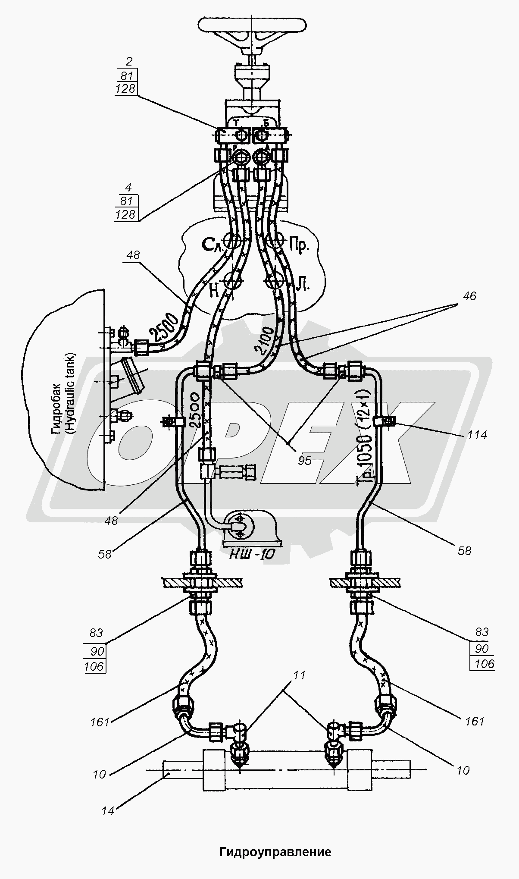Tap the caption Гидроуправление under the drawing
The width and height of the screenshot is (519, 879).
point(275,852)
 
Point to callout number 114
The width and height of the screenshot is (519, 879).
point(476,435)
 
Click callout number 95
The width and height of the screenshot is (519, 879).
point(304,460)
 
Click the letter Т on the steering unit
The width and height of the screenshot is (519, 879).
point(236,122)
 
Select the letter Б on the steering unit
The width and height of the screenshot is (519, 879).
point(266,123)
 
